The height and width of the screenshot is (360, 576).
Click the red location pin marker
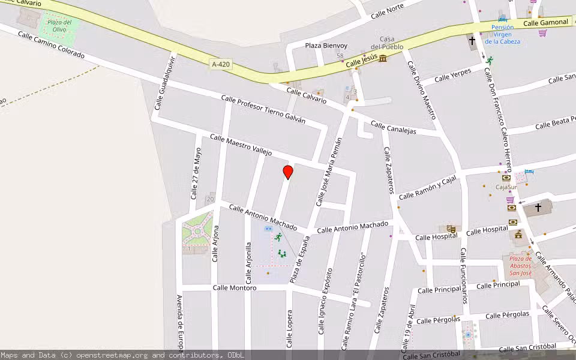tap(288, 172)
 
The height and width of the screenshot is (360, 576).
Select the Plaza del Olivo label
tap(59, 26)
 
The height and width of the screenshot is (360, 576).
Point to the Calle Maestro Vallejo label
tap(241, 145)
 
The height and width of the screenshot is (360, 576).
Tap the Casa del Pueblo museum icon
tap(382, 58)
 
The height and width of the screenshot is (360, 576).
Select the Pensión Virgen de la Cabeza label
tap(502, 34)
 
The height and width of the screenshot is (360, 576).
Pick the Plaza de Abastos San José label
tap(520, 266)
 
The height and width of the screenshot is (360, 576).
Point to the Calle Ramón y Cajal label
tap(427, 188)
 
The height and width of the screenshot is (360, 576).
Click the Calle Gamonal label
tap(545, 23)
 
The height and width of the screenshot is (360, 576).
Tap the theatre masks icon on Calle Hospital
tap(450, 229)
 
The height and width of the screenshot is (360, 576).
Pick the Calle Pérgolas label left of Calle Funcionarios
tap(438, 320)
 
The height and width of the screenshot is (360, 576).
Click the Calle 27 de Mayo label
tap(196, 173)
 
